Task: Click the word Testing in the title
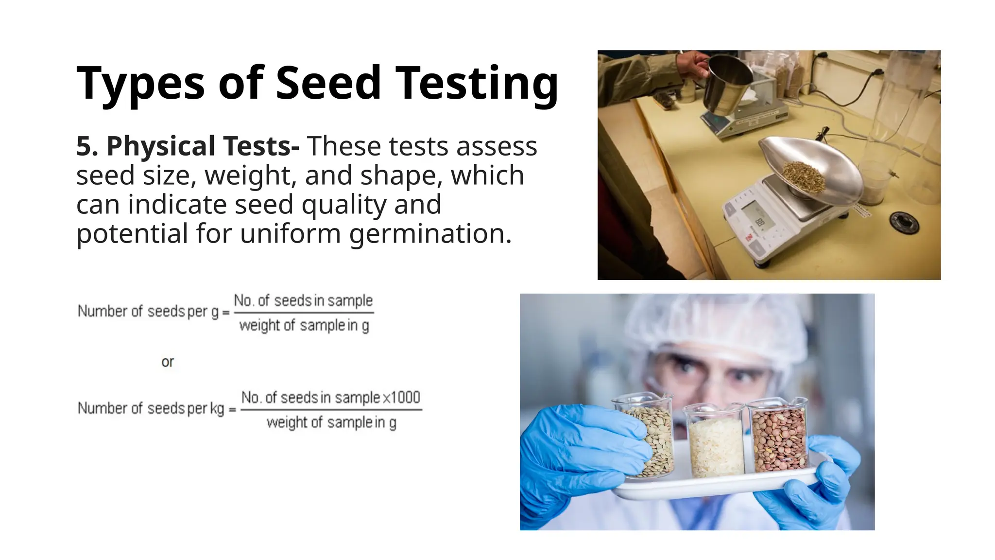click(477, 84)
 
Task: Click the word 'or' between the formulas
click(168, 362)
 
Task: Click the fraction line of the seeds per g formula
click(304, 313)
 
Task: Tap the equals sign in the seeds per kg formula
click(232, 409)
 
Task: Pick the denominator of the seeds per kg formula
click(331, 422)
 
